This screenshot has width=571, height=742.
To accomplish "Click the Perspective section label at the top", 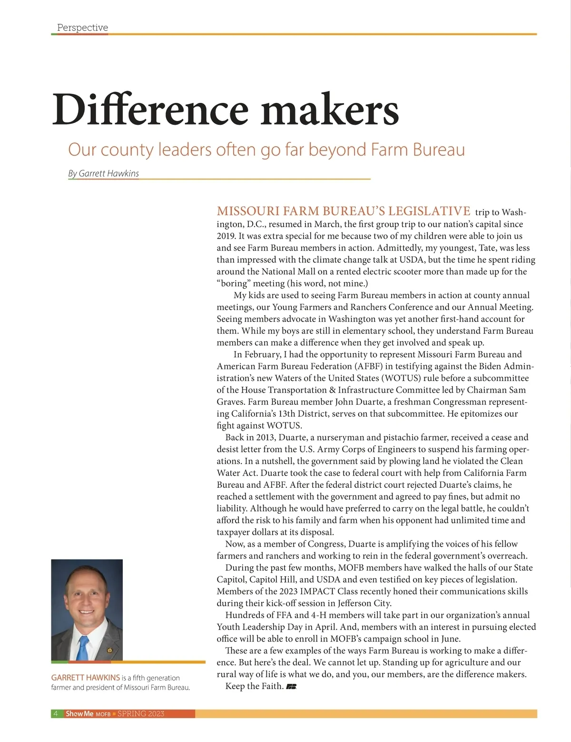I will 82,28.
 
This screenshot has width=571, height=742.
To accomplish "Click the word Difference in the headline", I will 150,110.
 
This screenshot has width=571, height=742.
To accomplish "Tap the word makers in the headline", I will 330,110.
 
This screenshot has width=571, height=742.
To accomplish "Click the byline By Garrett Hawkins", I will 103,173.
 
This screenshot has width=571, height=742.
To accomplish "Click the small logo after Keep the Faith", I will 291,687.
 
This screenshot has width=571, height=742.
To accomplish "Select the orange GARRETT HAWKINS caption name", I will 85,678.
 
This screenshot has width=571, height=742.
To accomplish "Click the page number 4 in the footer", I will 56,713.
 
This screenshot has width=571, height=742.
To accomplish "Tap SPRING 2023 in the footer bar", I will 141,713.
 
